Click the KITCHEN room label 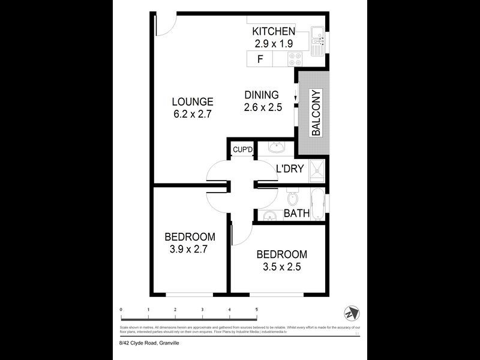click(x=273, y=32)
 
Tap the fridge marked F click(x=260, y=59)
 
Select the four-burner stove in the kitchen click(x=295, y=59)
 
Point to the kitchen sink click(x=318, y=37)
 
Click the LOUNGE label click(x=192, y=101)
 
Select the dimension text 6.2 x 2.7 click(x=192, y=113)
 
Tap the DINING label click(x=262, y=95)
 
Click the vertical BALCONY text click(x=316, y=112)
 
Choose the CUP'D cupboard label click(x=242, y=150)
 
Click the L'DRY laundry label click(x=290, y=169)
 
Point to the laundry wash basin click(x=277, y=148)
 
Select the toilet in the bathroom click(x=292, y=197)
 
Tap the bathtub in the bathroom click(x=318, y=204)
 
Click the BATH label click(x=296, y=213)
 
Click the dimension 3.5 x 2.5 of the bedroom click(x=281, y=266)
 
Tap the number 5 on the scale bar click(x=257, y=310)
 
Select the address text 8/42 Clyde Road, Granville click(x=149, y=343)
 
